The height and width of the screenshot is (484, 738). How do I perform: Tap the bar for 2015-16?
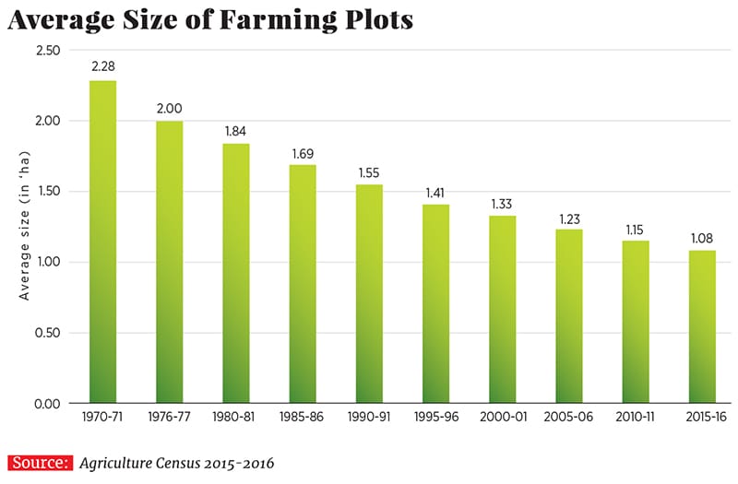point(702,326)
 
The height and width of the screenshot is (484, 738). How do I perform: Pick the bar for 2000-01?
point(502,309)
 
